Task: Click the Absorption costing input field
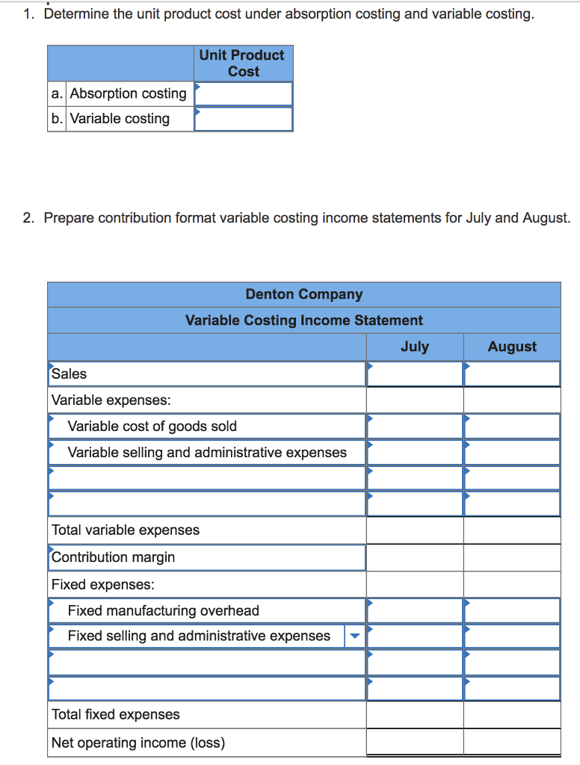coord(243,93)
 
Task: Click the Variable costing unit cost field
coord(243,119)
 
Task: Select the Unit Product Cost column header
coord(242,63)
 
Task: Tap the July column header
coord(414,347)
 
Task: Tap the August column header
coord(512,347)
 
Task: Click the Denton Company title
coord(303,294)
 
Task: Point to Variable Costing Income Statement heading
coord(303,320)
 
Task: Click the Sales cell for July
coord(414,374)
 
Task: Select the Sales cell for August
coord(512,374)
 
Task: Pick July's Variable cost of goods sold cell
coord(414,427)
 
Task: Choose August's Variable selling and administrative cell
coord(512,452)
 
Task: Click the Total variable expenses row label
coord(126,530)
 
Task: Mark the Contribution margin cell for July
coord(414,557)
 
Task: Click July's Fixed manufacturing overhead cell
coord(414,610)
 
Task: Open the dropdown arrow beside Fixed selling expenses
coord(355,637)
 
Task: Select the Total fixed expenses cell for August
coord(512,715)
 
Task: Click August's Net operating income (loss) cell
coord(512,743)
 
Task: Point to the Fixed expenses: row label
coord(103,584)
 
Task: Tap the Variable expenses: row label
coord(111,400)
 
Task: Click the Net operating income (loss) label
coord(138,743)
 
